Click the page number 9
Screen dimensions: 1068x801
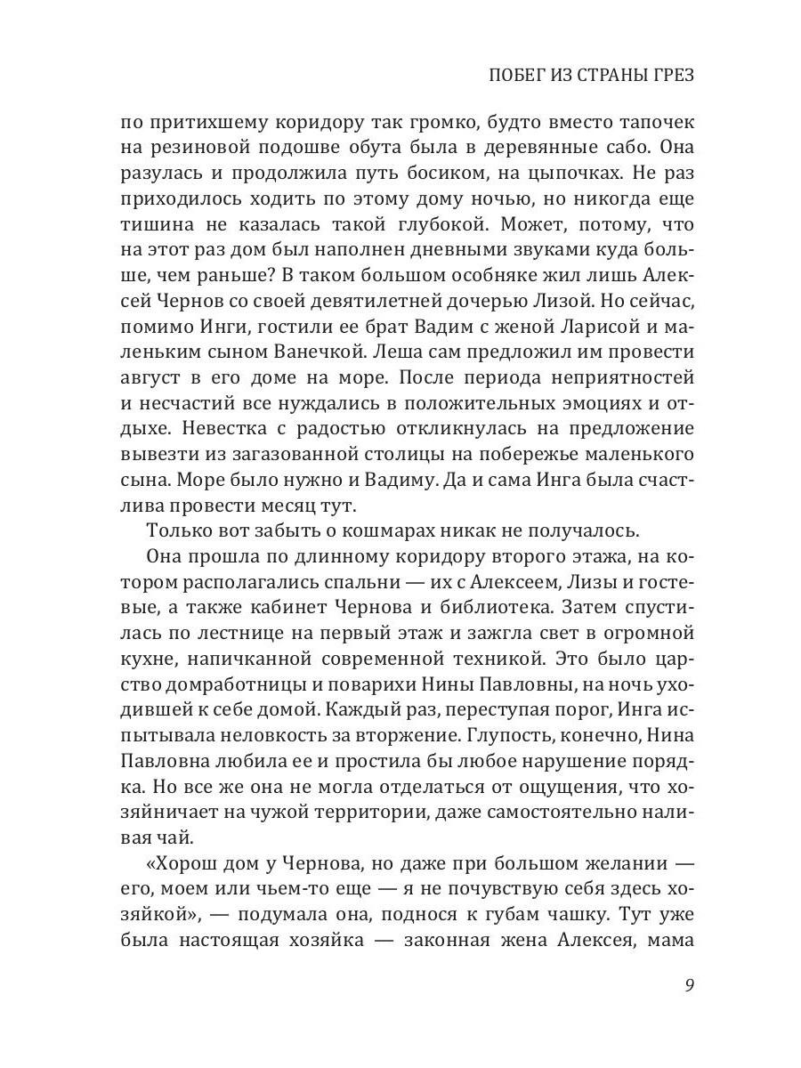click(689, 985)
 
